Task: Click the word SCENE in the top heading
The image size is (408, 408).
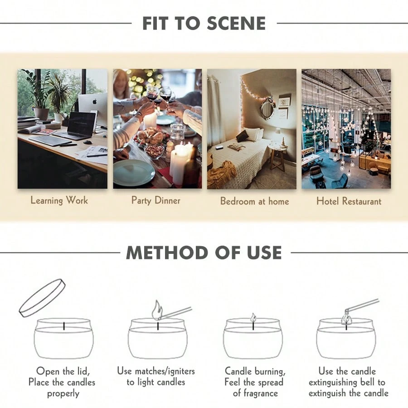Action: (x=236, y=24)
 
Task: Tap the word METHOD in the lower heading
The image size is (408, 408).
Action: (x=167, y=253)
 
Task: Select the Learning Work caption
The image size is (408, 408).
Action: (x=59, y=201)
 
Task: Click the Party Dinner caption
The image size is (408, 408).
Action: (x=155, y=201)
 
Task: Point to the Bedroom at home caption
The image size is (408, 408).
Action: (x=254, y=201)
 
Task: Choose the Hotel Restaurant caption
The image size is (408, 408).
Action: (x=349, y=201)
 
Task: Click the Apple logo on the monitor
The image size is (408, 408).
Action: (x=95, y=101)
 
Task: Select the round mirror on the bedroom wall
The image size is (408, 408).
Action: (x=267, y=109)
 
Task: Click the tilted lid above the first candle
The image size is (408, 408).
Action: (x=42, y=298)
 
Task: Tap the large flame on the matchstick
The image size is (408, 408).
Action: (x=157, y=310)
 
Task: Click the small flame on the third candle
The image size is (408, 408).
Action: (x=253, y=317)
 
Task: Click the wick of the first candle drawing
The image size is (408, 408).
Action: (x=64, y=326)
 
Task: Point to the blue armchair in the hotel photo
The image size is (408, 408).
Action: (x=339, y=180)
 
